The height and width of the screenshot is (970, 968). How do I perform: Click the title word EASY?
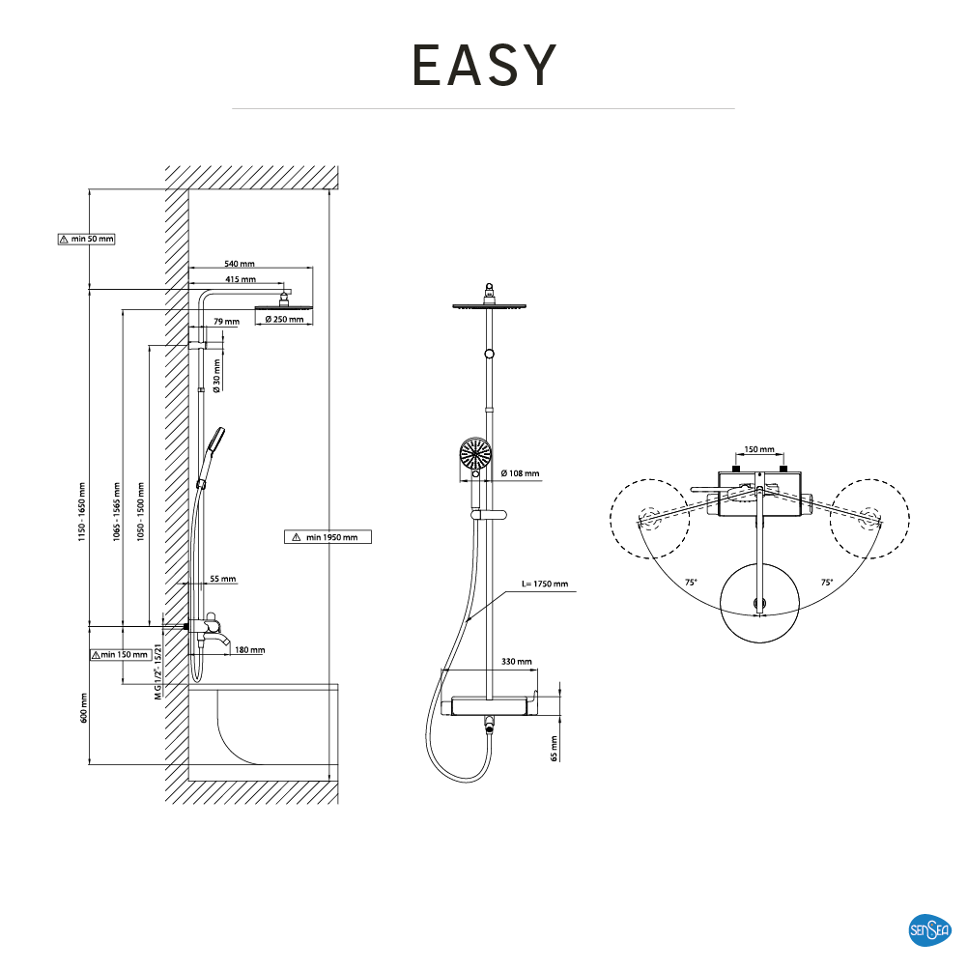click(x=484, y=65)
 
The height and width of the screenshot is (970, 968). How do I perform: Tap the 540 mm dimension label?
click(x=240, y=263)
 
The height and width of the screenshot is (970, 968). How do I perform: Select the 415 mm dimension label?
click(x=240, y=280)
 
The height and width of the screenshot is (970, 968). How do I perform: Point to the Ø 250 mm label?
click(x=284, y=320)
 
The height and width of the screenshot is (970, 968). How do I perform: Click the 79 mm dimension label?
click(x=225, y=321)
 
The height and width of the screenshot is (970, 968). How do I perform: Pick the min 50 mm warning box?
click(x=86, y=239)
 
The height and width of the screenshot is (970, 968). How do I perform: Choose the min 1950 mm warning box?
click(x=328, y=537)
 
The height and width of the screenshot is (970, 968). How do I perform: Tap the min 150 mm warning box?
click(x=121, y=655)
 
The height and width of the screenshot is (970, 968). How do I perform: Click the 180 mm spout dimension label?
click(x=249, y=650)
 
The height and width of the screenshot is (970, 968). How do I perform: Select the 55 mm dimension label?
click(x=222, y=580)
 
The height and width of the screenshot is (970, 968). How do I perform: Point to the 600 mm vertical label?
click(x=84, y=707)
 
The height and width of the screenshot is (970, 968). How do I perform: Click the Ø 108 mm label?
click(x=521, y=474)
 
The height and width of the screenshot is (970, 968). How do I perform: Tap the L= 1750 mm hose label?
click(x=544, y=585)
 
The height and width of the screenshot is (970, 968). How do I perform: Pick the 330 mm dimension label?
click(x=516, y=662)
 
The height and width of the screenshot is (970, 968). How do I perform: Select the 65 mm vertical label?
click(x=555, y=748)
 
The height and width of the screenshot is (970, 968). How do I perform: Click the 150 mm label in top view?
click(x=759, y=449)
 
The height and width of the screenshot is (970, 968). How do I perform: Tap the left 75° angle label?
click(x=691, y=583)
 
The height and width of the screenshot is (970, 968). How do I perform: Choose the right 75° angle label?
click(x=827, y=583)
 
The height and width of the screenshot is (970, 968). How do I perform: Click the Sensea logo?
click(x=930, y=930)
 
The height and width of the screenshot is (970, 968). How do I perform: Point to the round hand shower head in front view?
click(x=475, y=454)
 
